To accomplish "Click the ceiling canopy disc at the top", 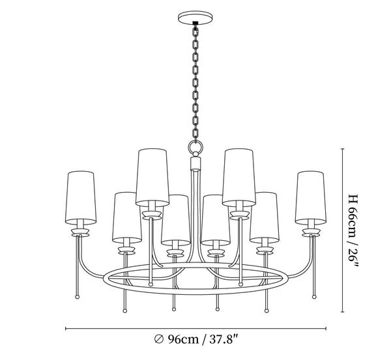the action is (x=195, y=18).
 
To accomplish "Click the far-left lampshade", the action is (x=81, y=197).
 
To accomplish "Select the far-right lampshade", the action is (x=311, y=197).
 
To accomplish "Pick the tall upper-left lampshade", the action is (x=152, y=177).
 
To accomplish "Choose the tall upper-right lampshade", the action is (x=239, y=177).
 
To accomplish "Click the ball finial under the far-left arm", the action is (x=78, y=297).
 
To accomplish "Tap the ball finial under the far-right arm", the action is (x=314, y=297).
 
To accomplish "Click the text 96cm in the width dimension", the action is (x=183, y=339).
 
